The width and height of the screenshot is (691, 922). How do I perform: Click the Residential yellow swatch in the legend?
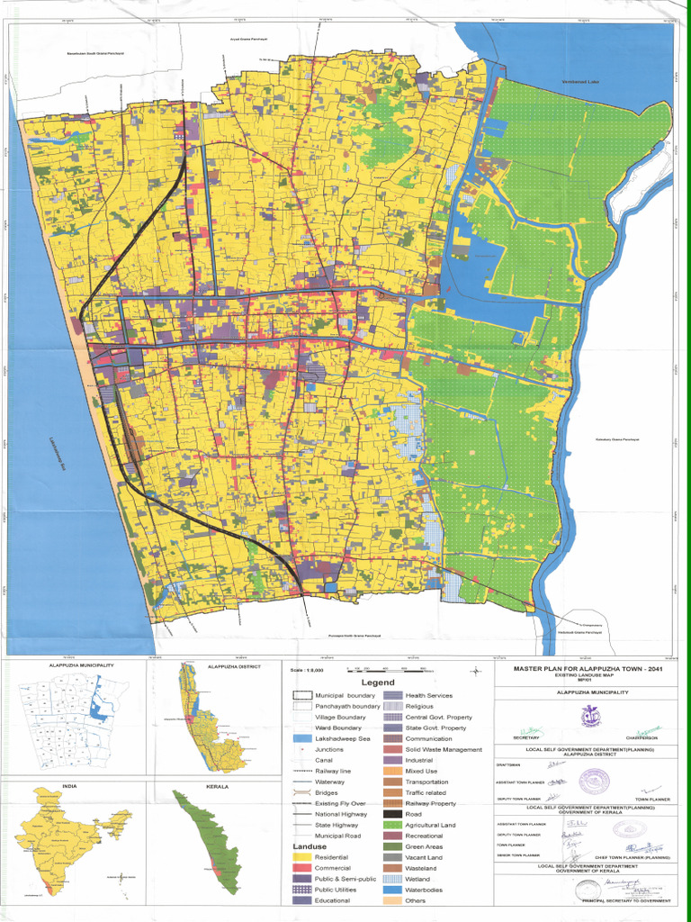(301, 857)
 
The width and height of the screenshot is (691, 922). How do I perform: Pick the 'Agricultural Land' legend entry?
(430, 825)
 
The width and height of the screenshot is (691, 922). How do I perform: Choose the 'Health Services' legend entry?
(428, 695)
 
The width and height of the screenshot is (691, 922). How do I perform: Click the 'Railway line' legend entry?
(333, 771)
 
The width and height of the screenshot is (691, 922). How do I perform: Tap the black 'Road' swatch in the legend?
(391, 814)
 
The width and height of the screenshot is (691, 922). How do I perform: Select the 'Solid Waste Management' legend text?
(444, 749)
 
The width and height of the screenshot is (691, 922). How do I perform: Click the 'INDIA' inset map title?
(69, 786)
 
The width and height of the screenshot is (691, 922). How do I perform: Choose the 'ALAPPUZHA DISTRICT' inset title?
(233, 666)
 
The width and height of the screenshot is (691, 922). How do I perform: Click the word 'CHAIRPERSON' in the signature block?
(642, 737)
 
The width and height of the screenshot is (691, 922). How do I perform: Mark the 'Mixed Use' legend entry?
(422, 771)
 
